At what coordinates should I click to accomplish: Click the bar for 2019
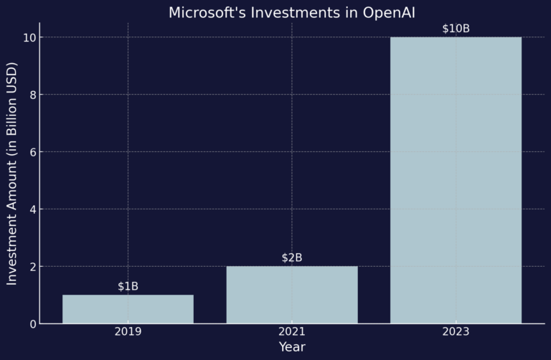point(128,309)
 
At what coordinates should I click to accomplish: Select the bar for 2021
point(291,295)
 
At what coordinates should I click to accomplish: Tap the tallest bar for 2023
point(456,180)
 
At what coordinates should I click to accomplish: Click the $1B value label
point(128,287)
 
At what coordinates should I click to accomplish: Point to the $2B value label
point(291,258)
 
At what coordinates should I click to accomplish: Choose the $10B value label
point(456,29)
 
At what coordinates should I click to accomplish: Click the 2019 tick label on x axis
point(128,332)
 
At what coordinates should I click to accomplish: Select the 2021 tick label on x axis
point(291,332)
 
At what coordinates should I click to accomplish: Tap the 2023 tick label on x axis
point(456,332)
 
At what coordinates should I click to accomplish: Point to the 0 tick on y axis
point(32,324)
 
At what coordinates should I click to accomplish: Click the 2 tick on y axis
point(32,267)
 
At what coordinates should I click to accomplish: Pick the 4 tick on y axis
point(32,209)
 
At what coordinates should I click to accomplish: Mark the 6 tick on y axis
point(32,152)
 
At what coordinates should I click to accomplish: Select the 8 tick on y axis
point(32,95)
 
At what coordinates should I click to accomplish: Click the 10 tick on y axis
point(29,37)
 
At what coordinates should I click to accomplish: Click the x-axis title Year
point(291,347)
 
